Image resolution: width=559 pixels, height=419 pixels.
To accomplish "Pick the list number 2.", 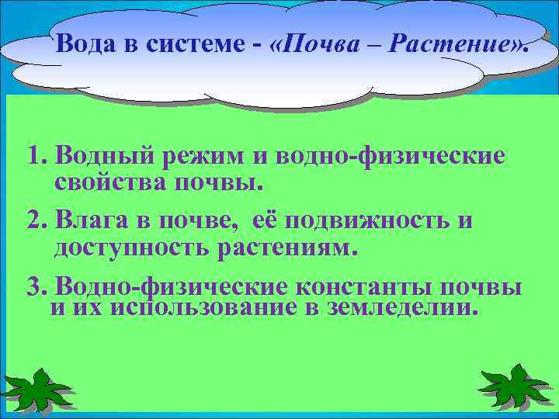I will (x=33, y=220).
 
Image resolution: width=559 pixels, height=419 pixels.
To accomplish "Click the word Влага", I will (x=86, y=220).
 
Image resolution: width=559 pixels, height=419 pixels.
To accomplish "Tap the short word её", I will (x=266, y=220).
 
